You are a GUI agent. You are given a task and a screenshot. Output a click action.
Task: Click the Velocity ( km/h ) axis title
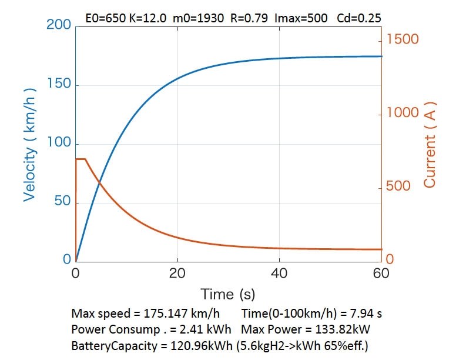[30, 145]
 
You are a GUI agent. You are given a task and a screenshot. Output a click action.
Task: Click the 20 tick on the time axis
[177, 273]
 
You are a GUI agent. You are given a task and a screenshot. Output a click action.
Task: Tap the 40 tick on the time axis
[280, 273]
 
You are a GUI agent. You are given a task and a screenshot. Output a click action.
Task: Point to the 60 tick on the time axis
[381, 273]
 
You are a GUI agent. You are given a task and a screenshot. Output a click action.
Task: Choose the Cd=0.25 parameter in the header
[359, 18]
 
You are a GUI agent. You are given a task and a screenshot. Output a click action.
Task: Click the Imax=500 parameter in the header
[301, 18]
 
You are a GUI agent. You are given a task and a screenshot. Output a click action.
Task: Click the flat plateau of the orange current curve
[81, 159]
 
